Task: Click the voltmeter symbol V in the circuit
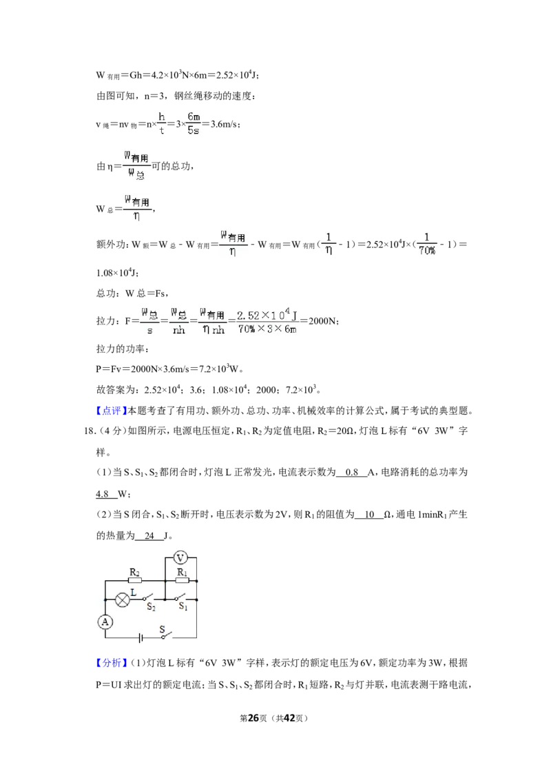pos(180,558)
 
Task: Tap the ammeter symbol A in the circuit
pos(105,622)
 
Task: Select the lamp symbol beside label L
pos(123,599)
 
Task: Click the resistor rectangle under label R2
pos(135,581)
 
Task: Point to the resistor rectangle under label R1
pos(182,581)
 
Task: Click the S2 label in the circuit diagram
pos(151,607)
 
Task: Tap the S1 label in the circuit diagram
pos(183,606)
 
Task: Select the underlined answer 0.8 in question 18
pos(351,473)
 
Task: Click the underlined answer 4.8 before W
pos(102,494)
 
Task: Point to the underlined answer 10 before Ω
pos(369,515)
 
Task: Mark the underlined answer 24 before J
pos(149,536)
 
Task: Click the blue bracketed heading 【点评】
pos(109,411)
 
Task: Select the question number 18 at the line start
pos(90,431)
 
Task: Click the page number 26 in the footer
pos(253,718)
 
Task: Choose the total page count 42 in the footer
pos(289,718)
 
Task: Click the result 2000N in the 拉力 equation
pos(322,321)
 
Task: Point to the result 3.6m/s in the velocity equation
pos(225,124)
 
